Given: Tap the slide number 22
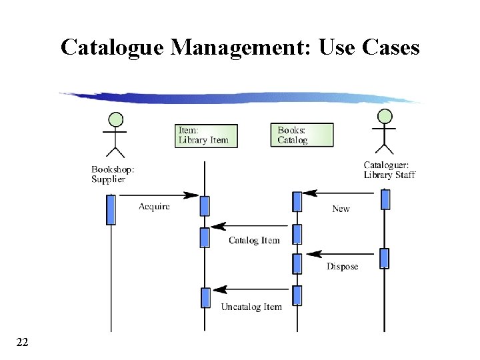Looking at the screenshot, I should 22,342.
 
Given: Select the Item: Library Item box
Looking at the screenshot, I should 206,135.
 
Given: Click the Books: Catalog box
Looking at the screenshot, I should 301,135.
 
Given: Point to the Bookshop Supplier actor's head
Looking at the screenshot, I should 116,119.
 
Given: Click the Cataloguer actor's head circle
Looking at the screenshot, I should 384,116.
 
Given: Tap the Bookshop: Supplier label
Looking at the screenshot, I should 113,174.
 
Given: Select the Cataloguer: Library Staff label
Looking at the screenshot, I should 389,170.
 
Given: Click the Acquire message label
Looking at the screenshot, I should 154,207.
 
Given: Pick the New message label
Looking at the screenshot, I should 341,209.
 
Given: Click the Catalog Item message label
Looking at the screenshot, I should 254,241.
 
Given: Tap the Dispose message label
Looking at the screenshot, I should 342,267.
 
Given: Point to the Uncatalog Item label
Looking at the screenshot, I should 251,307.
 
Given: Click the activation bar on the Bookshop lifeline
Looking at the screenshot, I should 111,209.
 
